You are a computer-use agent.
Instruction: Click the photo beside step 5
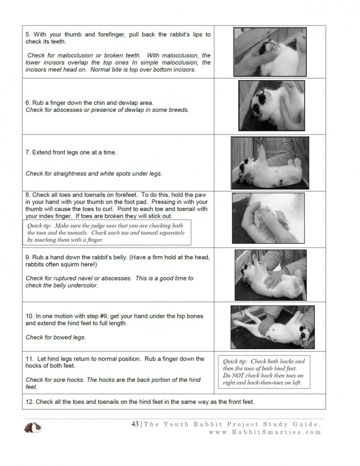[269, 51]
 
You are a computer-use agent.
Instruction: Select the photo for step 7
[270, 163]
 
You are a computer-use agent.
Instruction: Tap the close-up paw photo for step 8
[268, 218]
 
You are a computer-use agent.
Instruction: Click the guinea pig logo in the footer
[33, 427]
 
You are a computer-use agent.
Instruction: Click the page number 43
[135, 424]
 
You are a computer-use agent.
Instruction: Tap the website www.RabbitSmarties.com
[265, 432]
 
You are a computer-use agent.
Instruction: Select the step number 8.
[28, 195]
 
